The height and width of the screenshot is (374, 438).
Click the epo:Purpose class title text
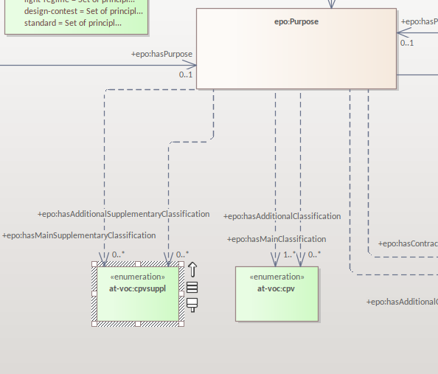pos(296,22)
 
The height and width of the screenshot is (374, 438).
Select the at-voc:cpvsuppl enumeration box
pos(137,302)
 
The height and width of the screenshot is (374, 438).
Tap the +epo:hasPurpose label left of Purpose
pos(161,54)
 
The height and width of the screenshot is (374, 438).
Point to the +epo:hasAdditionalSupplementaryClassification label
pos(123,214)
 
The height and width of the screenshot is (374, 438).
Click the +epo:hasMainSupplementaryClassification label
pos(79,235)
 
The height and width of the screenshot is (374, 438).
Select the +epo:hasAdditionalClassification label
pos(282,216)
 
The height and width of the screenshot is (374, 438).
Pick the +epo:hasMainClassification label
pos(277,239)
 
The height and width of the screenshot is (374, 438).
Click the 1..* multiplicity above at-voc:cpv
pos(290,254)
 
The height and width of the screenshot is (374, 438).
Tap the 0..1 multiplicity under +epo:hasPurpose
pos(186,75)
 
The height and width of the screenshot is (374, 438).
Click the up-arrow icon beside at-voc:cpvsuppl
pos(192,270)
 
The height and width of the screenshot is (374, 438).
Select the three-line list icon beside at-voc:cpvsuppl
pos(192,288)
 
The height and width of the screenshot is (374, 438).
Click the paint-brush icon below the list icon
pos(192,304)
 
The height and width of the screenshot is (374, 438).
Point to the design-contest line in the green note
pos(83,12)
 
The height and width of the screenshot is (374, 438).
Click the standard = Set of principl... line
pos(72,23)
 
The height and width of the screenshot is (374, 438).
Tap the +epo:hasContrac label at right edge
pos(408,243)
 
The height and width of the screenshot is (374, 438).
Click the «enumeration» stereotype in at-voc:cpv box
pos(277,277)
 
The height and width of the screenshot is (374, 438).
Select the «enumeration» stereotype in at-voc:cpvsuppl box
pos(137,277)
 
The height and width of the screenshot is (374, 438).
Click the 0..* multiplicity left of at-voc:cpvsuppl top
pos(118,254)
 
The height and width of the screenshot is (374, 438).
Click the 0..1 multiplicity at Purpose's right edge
pos(406,43)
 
